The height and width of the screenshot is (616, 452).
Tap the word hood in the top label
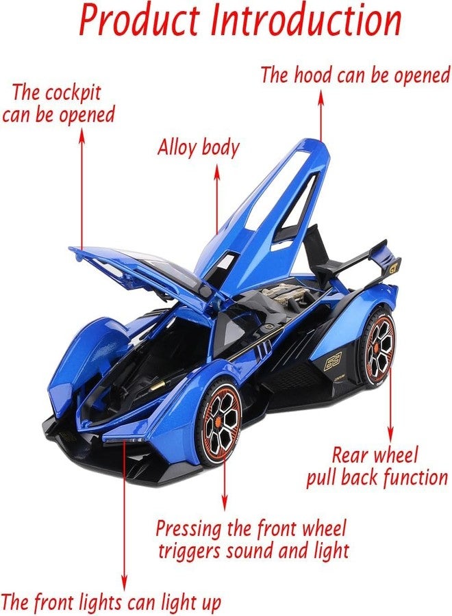click(x=312, y=75)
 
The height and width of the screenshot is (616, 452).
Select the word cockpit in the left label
click(x=73, y=94)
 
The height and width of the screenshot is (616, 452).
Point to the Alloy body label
click(x=199, y=148)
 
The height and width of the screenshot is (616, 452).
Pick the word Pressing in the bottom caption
click(x=189, y=529)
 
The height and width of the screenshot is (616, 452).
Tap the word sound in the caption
click(x=251, y=551)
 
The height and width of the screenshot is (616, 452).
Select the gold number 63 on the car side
click(x=333, y=361)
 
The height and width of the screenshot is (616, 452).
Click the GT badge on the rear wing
click(x=393, y=268)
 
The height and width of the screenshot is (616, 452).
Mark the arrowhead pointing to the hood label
click(x=321, y=97)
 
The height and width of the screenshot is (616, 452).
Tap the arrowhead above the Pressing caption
click(x=224, y=504)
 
